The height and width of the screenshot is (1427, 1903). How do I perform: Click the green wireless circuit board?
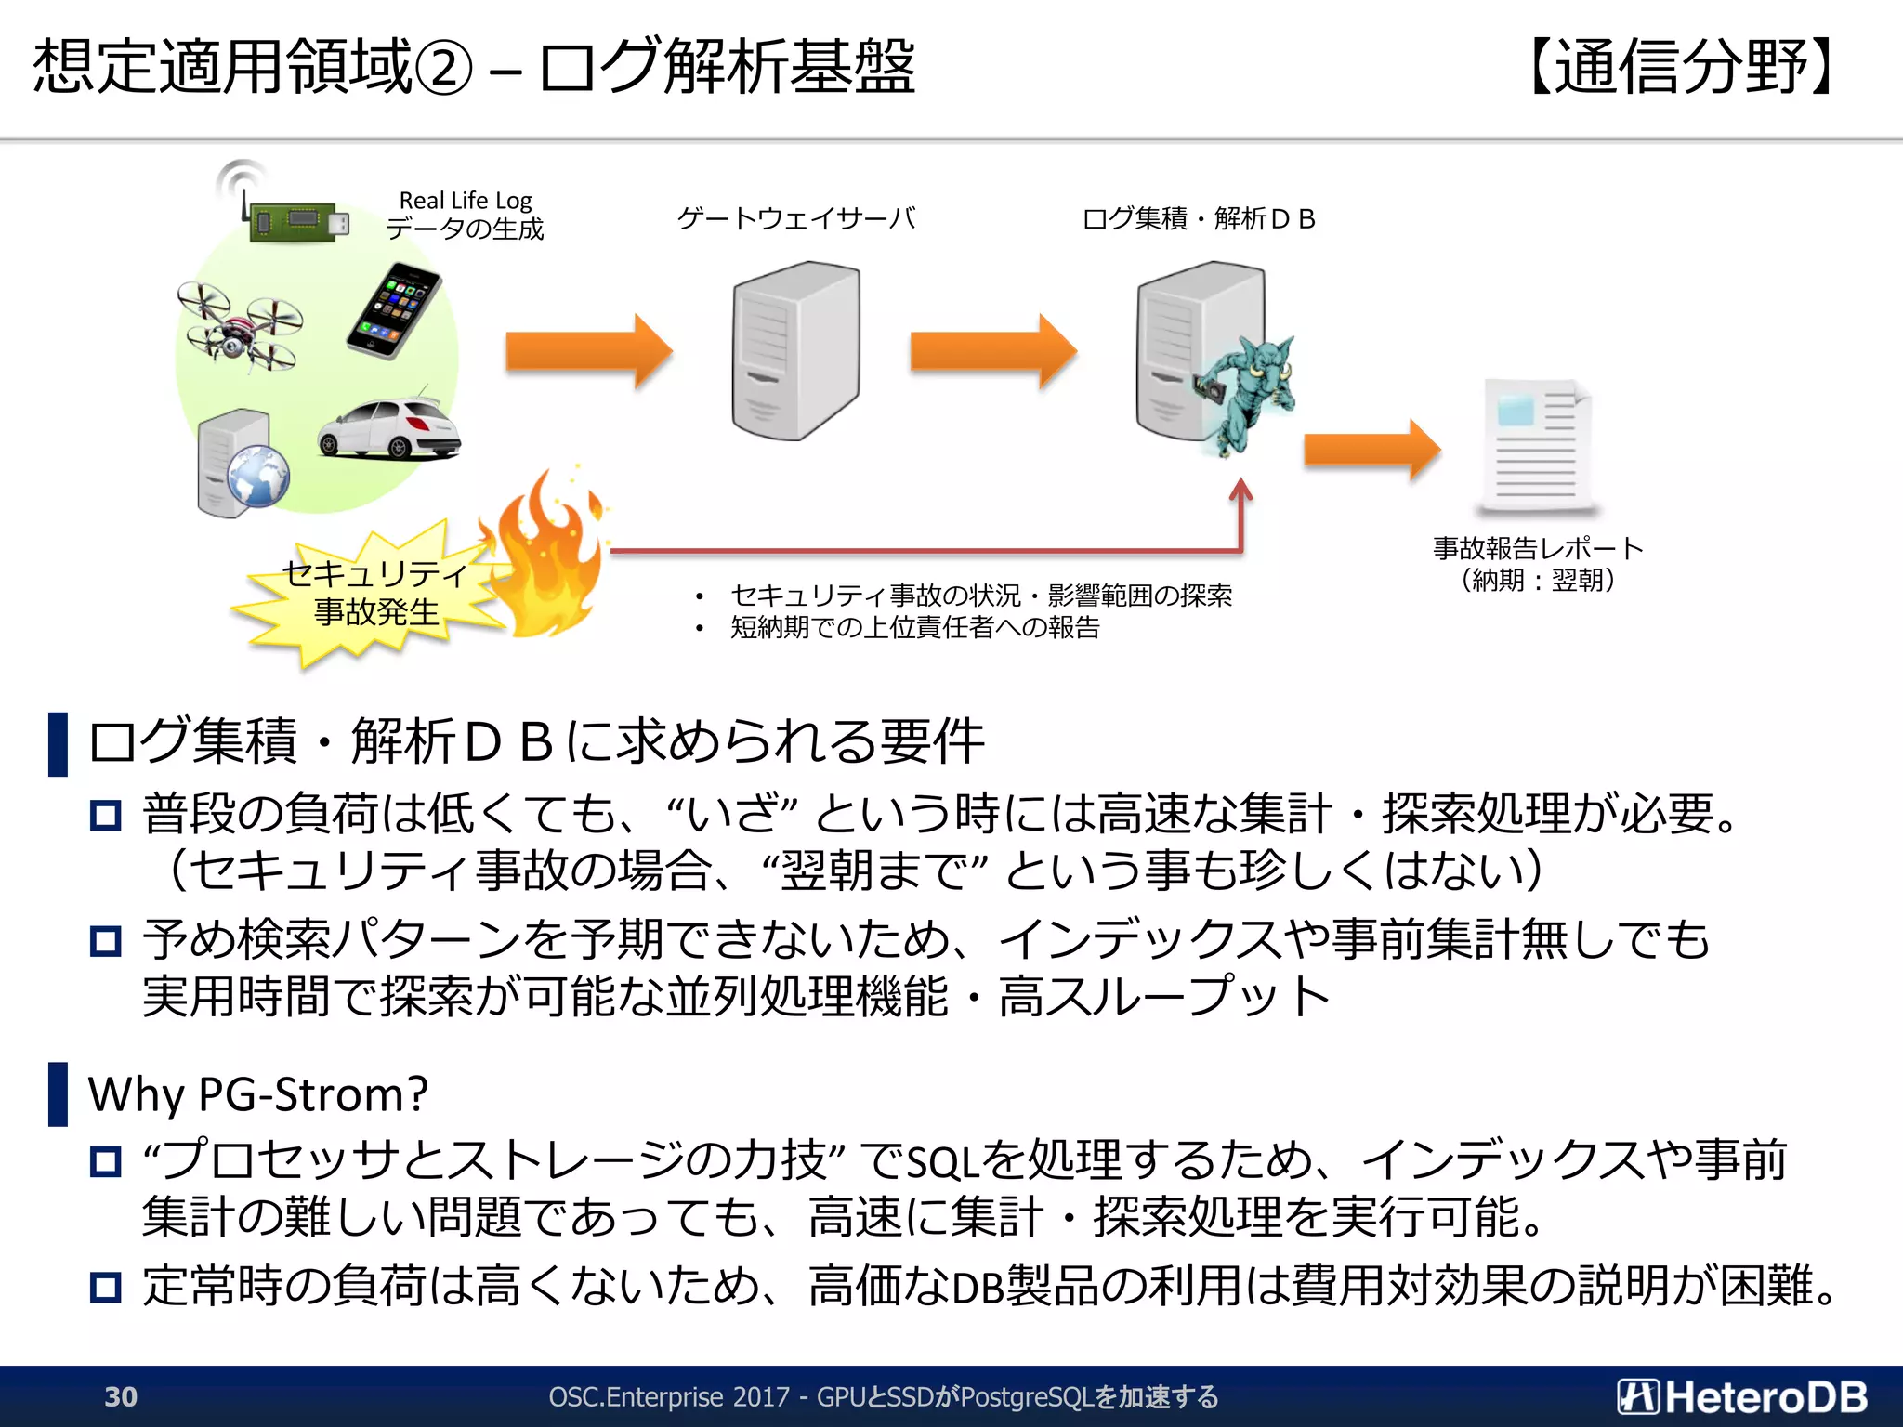tap(295, 221)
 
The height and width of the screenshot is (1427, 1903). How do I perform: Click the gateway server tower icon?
tap(795, 350)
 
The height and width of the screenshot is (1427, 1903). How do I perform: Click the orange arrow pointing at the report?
tap(1371, 450)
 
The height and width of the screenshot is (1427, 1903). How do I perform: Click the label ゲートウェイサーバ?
tap(795, 218)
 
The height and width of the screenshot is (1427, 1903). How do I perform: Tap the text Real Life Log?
tap(465, 200)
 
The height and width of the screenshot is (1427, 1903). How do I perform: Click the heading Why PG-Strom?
tap(257, 1093)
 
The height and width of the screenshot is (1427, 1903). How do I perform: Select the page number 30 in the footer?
tap(121, 1396)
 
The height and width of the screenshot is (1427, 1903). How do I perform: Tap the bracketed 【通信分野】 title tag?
tap(1682, 67)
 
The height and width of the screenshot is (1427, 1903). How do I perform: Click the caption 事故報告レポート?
tap(1538, 548)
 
